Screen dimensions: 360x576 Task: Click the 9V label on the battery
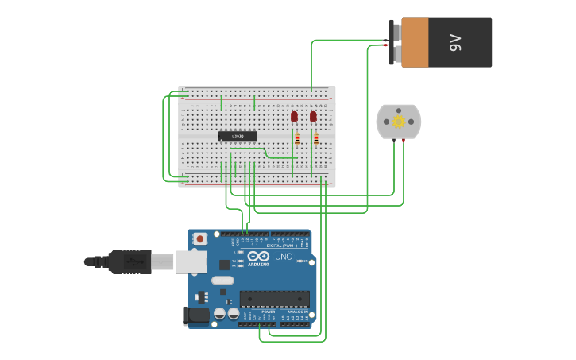[x=455, y=42]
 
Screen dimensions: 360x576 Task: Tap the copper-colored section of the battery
[x=415, y=42]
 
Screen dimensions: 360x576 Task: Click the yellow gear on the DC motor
[x=399, y=122]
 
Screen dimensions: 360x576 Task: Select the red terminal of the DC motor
[x=404, y=140]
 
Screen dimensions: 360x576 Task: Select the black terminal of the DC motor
[x=393, y=140]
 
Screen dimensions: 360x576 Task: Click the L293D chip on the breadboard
[x=238, y=136]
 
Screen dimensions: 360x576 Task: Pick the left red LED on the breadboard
[x=294, y=116]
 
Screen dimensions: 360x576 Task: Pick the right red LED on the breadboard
[x=313, y=116]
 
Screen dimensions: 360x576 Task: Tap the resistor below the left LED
[x=297, y=139]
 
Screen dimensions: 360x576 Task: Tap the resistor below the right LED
[x=315, y=139]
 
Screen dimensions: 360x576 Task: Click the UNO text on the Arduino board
[x=284, y=257]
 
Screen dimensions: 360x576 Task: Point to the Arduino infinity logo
[x=258, y=256]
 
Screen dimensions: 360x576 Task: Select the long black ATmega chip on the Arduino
[x=274, y=299]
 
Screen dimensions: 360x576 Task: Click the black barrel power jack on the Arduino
[x=195, y=315]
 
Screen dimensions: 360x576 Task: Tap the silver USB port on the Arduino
[x=191, y=261]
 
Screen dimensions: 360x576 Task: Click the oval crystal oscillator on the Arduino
[x=222, y=280]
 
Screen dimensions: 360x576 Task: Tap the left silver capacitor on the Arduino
[x=220, y=314]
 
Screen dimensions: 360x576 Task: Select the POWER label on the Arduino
[x=268, y=312]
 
